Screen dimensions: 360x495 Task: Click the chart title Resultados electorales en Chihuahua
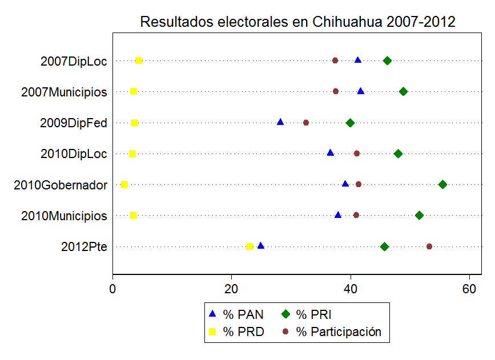297,22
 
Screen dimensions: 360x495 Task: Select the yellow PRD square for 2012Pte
249,246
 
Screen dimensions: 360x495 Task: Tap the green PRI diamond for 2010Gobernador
442,184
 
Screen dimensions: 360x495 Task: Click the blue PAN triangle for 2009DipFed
280,122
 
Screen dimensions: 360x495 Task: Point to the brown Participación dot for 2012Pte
429,246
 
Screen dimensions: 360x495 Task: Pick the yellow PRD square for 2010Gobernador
124,184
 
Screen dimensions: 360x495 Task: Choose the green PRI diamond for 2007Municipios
404,91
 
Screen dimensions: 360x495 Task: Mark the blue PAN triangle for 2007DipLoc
358,60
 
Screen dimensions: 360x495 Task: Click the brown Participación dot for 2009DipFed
306,123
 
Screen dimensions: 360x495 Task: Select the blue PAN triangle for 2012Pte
261,246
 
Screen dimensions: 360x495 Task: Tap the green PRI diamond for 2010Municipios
420,215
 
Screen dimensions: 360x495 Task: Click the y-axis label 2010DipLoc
74,154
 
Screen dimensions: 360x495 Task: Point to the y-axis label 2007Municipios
64,92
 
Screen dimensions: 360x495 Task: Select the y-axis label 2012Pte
84,247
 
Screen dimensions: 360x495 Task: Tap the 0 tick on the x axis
113,289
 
